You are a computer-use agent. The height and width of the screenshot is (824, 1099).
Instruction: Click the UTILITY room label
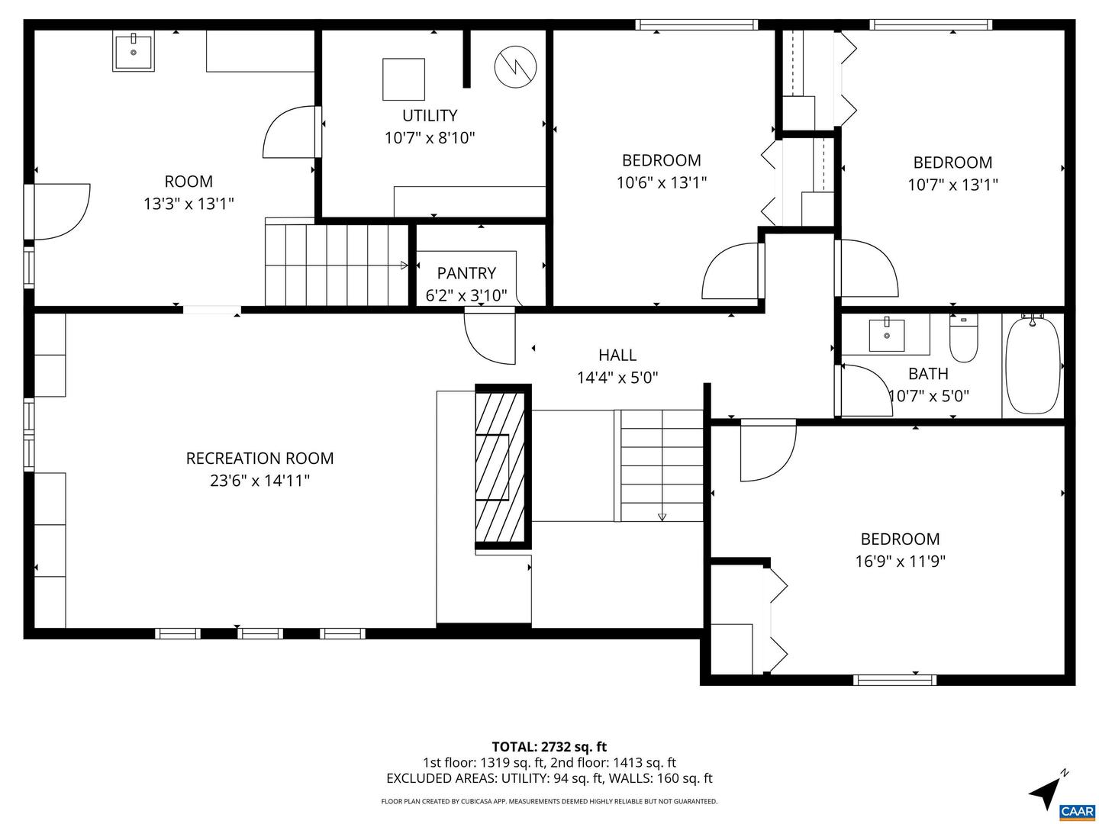[x=430, y=115]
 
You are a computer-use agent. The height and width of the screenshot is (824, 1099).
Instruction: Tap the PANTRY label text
[x=466, y=273]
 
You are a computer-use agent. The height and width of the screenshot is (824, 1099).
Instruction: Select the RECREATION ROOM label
[x=259, y=458]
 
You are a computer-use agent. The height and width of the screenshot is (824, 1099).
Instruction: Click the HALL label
[x=617, y=355]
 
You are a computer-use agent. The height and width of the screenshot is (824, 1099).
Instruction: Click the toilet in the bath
[x=963, y=340]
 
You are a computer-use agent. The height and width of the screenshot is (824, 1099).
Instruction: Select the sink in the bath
[x=887, y=334]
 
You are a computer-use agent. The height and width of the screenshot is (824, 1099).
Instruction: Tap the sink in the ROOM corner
[x=134, y=51]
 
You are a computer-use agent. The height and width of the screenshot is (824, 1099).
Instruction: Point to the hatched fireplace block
[x=502, y=466]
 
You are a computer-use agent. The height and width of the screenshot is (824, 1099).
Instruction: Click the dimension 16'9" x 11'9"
[x=900, y=562]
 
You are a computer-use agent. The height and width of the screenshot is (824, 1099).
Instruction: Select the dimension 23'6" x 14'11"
[x=259, y=481]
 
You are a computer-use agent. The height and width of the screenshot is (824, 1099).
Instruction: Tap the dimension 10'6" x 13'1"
[x=661, y=182]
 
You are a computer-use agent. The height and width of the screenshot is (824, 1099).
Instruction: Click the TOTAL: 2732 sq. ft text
[x=549, y=746]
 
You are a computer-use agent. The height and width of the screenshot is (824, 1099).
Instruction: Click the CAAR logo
[x=1078, y=810]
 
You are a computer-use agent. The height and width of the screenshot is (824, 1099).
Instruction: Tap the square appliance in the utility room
[x=403, y=79]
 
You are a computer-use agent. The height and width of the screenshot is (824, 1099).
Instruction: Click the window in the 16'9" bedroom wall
[x=894, y=679]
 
